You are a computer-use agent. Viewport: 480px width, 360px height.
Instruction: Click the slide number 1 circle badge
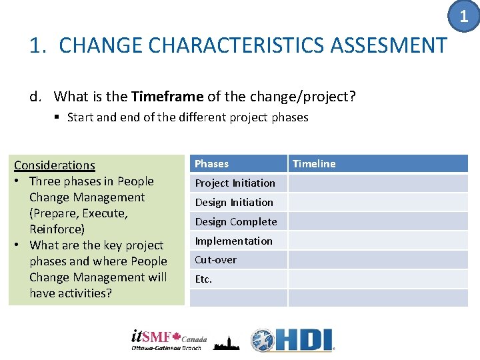(465, 16)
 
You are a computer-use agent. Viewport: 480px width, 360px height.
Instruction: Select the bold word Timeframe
(167, 97)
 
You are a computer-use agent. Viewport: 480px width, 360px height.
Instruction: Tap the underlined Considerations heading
(55, 165)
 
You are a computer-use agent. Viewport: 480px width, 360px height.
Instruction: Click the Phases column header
(211, 164)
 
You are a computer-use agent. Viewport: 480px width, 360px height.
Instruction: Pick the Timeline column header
(314, 164)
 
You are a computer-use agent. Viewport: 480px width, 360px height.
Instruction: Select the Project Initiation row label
(235, 183)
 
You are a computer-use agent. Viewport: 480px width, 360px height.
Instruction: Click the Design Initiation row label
(234, 203)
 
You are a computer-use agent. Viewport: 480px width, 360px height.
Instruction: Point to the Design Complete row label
(235, 222)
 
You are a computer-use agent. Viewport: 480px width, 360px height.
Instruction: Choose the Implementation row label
(233, 241)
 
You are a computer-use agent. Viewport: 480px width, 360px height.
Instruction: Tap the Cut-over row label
(215, 260)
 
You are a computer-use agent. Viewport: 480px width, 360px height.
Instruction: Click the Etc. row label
(203, 279)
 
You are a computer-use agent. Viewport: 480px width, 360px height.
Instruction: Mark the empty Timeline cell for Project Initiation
(377, 183)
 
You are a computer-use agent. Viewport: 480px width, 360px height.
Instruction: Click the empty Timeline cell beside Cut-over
(377, 260)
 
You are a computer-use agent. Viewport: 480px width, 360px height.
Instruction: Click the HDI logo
(292, 340)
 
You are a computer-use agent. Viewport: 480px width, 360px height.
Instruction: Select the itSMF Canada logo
(169, 340)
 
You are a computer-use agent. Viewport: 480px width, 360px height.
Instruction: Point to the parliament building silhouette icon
(226, 342)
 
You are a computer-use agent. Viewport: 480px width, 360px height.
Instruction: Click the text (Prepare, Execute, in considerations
(79, 213)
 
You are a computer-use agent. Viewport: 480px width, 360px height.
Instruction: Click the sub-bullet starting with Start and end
(187, 117)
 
